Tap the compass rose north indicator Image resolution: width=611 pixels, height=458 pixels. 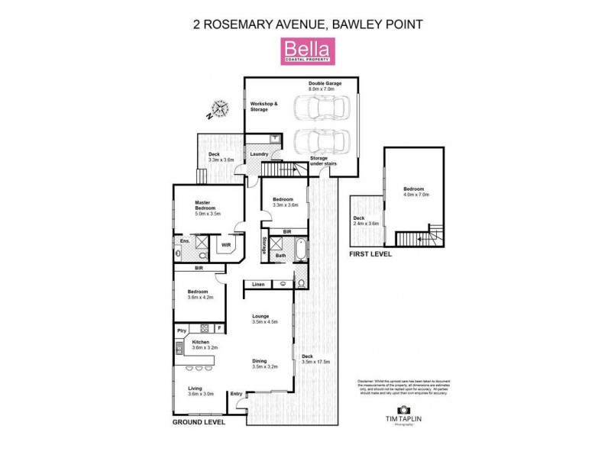219,109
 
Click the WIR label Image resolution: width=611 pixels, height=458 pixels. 226,245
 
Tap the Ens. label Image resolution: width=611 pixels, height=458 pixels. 184,241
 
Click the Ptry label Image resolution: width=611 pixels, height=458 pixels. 182,330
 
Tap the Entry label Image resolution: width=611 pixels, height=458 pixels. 236,394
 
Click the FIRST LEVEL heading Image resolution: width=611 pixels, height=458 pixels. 370,254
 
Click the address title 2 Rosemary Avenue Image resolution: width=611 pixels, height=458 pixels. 305,24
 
